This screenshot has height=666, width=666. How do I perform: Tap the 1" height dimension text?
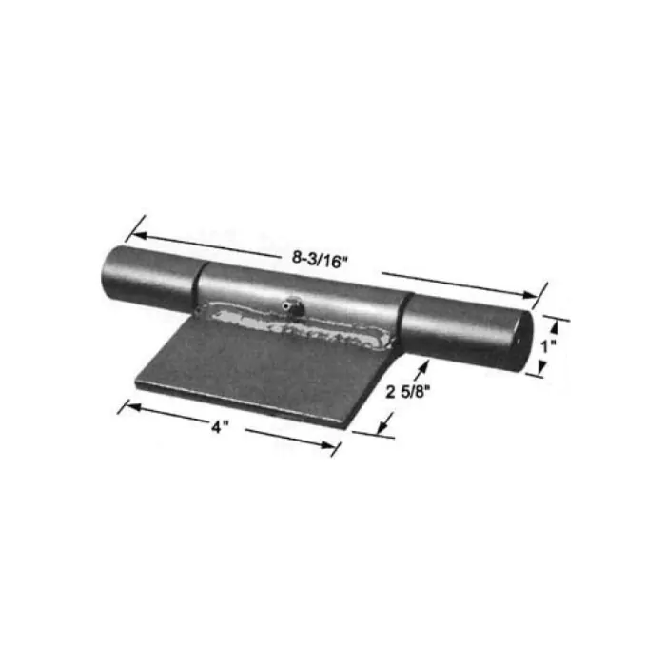click(x=545, y=348)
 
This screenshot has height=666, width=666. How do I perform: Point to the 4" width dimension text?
click(x=221, y=428)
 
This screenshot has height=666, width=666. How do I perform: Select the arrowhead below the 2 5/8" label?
click(x=388, y=429)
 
